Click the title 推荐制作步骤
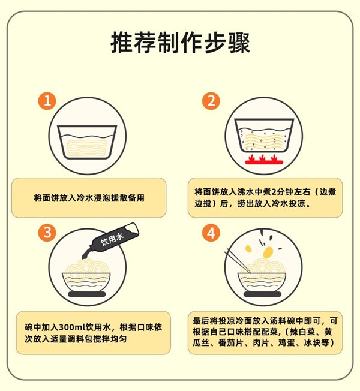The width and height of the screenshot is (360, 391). (x=180, y=43)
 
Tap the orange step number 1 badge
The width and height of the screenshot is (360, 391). (x=47, y=101)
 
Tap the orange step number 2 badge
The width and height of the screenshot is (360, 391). (x=211, y=101)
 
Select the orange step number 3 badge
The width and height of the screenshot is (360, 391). (x=47, y=233)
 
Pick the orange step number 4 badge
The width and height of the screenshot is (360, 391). (x=211, y=233)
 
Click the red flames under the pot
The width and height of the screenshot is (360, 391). (x=264, y=160)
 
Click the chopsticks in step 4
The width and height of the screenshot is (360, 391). (x=238, y=261)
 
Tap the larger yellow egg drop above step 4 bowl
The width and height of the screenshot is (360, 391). (x=268, y=252)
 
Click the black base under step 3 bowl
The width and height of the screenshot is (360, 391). (x=87, y=294)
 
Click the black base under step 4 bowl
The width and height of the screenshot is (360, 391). (x=262, y=294)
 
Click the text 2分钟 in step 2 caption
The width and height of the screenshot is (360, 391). (x=283, y=192)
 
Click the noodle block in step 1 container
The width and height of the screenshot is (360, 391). (x=87, y=148)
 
